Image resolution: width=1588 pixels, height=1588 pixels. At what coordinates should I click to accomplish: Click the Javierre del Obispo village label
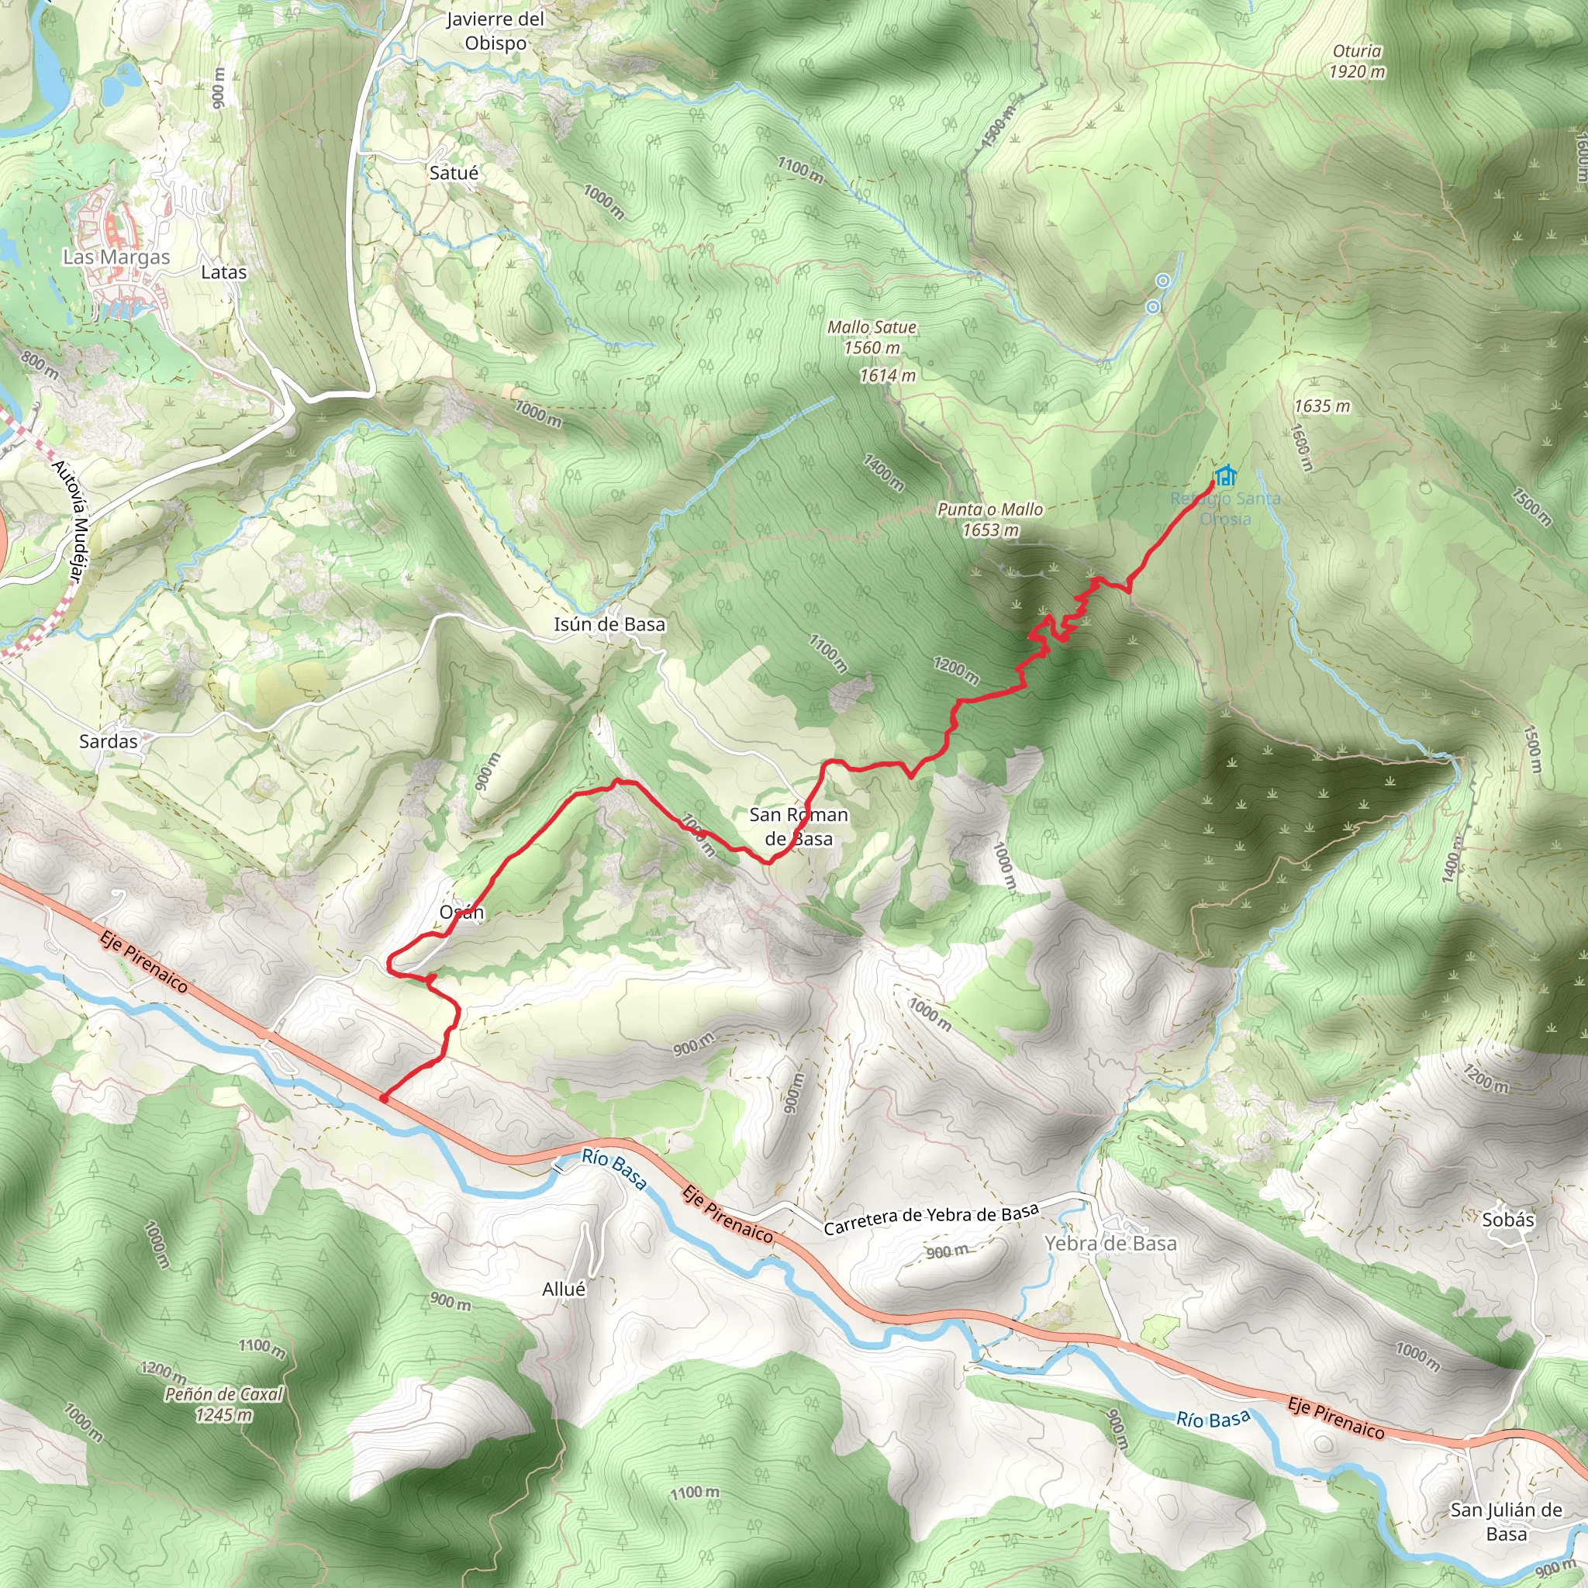click(495, 30)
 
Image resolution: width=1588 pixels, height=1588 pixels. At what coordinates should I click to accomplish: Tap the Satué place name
click(454, 173)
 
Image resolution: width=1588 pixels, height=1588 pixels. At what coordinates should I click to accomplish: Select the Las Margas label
click(117, 257)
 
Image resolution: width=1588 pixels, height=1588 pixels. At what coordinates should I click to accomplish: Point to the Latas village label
click(223, 272)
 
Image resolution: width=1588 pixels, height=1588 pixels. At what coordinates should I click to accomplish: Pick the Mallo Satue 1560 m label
click(872, 337)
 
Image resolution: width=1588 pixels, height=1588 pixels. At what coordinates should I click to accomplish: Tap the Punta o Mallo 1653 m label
click(990, 520)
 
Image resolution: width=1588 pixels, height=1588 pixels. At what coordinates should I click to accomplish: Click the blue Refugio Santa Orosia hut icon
click(1226, 475)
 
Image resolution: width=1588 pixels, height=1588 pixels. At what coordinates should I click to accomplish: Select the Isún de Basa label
click(609, 625)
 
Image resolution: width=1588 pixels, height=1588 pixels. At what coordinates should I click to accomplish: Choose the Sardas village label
click(109, 741)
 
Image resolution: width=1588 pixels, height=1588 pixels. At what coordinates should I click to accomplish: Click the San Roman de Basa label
click(798, 826)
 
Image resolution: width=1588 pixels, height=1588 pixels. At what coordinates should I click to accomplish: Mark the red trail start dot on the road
click(384, 1097)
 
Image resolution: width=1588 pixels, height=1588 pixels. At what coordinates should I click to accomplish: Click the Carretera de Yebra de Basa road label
click(931, 1219)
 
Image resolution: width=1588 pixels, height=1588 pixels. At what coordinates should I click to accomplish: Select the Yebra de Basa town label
click(1110, 1244)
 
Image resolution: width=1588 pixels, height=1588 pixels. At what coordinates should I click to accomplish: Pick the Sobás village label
click(1508, 1220)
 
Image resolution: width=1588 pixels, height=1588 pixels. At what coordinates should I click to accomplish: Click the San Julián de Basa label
click(1506, 1521)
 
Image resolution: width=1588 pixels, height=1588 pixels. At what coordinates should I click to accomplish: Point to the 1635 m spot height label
click(1322, 406)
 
